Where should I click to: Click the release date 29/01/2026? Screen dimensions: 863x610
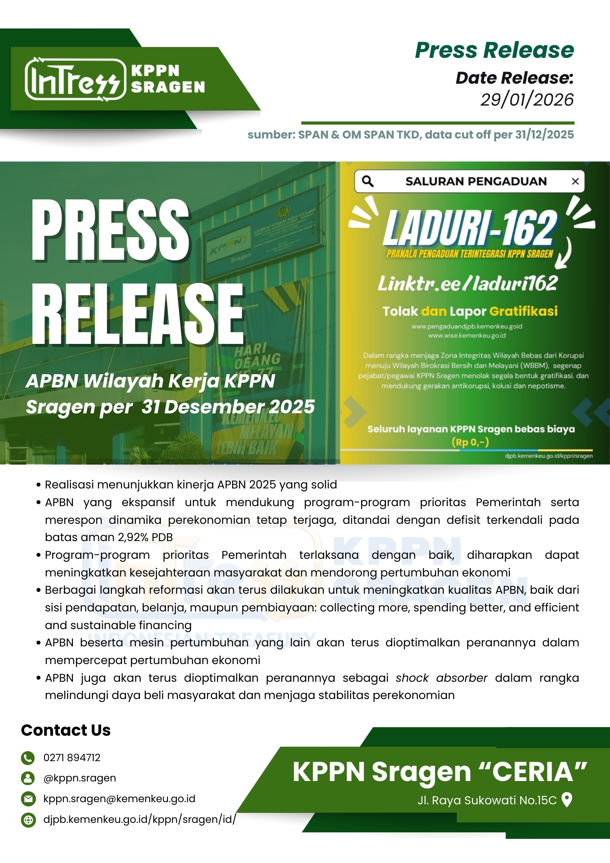coord(527,100)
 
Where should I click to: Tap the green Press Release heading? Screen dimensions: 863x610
coord(494,50)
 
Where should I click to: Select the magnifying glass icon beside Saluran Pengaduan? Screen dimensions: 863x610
coord(368,181)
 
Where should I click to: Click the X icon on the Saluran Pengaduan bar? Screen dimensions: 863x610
coord(575,182)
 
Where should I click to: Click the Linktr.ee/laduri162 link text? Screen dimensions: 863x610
coord(468,283)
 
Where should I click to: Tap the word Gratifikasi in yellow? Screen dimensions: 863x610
coord(523,311)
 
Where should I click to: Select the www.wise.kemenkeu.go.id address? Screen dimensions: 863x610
coord(467,335)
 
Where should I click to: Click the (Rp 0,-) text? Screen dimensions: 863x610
coord(470,442)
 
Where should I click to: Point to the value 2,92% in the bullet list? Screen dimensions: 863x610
coord(133,537)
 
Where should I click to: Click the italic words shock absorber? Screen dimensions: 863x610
coord(441,678)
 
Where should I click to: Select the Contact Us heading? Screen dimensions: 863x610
coord(66,730)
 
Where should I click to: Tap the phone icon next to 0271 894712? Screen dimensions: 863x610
coord(28,758)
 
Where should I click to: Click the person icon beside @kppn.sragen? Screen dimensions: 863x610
coord(28,778)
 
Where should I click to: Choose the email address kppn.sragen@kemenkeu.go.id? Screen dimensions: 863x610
coord(119,799)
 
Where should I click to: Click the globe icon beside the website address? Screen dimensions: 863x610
coord(28,819)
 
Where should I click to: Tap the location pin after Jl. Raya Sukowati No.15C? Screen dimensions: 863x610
coord(567,800)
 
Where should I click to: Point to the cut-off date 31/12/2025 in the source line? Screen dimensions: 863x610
coord(544,135)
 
